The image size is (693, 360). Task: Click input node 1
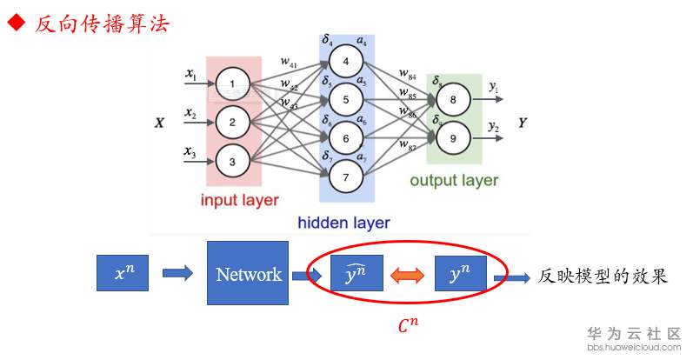[232, 84]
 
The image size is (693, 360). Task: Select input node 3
[232, 161]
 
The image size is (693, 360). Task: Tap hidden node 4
[345, 62]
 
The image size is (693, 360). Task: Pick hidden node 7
[345, 177]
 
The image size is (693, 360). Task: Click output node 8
[453, 101]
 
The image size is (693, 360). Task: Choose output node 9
[453, 137]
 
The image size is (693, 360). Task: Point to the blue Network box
[248, 274]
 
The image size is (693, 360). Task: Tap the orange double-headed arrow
[406, 276]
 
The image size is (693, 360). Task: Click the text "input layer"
[240, 201]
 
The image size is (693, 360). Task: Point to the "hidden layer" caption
[343, 223]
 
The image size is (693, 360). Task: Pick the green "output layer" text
[454, 181]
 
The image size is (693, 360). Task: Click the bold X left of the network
[159, 123]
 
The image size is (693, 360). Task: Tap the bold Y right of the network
[523, 123]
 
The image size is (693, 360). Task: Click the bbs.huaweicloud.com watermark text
[636, 347]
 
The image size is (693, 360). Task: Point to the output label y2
[494, 128]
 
